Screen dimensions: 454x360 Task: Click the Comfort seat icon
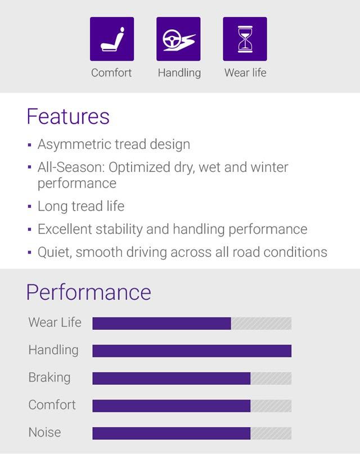(x=111, y=39)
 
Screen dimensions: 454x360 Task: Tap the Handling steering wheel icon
(x=178, y=39)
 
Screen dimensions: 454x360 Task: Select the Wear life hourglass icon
(x=245, y=39)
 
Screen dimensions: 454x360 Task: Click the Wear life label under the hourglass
(x=245, y=72)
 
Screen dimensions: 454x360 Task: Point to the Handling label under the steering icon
(x=179, y=72)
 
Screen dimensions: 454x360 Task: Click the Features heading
(x=67, y=116)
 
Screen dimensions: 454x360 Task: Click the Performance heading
(x=88, y=292)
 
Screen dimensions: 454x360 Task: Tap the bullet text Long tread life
(x=80, y=206)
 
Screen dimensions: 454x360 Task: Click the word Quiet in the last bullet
(x=53, y=252)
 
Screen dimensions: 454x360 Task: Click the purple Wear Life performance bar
(x=161, y=323)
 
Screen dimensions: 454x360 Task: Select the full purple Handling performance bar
(x=192, y=351)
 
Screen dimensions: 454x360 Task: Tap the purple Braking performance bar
(x=171, y=378)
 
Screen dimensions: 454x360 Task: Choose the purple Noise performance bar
(x=171, y=433)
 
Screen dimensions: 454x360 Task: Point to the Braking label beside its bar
(x=49, y=377)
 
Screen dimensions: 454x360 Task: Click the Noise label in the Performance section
(x=44, y=432)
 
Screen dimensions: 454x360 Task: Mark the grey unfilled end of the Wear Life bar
(x=261, y=323)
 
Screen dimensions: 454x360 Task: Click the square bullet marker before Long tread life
(x=29, y=207)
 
